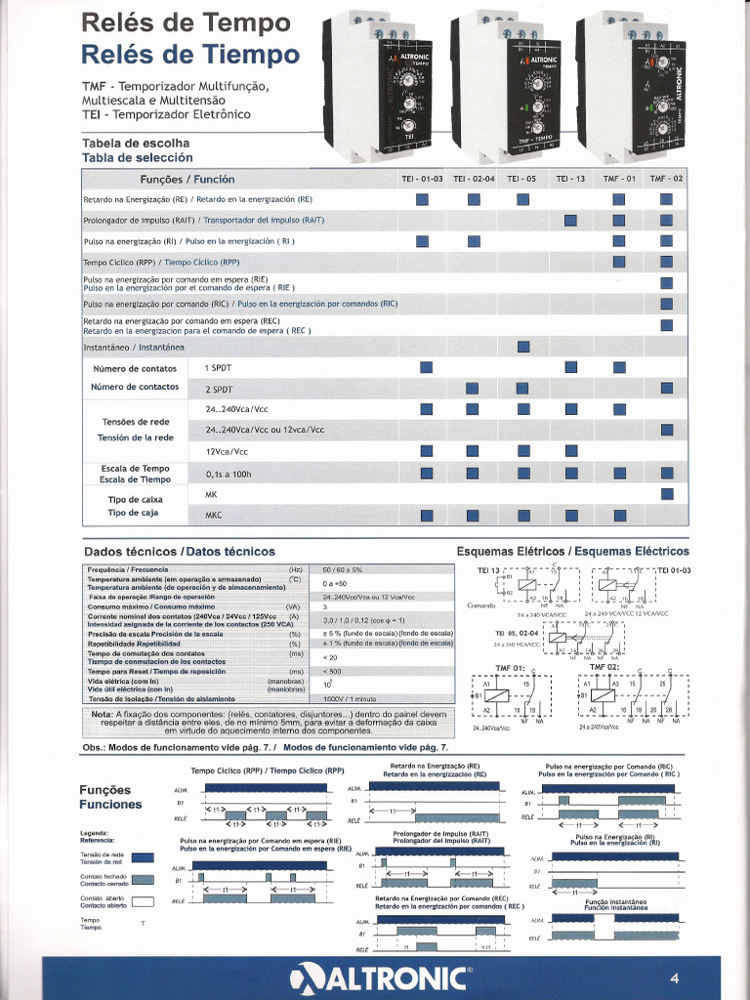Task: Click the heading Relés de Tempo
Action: click(x=186, y=21)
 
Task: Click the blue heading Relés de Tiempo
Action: click(x=190, y=53)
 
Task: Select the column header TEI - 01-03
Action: click(x=422, y=179)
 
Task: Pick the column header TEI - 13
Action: click(x=570, y=179)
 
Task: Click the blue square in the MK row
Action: click(x=667, y=494)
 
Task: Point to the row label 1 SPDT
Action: click(x=219, y=368)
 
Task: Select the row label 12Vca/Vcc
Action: click(x=227, y=452)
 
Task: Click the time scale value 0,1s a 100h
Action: click(x=229, y=474)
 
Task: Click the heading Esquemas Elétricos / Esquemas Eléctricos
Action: click(x=572, y=552)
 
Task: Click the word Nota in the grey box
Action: click(x=101, y=714)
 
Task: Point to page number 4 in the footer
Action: click(x=674, y=979)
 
